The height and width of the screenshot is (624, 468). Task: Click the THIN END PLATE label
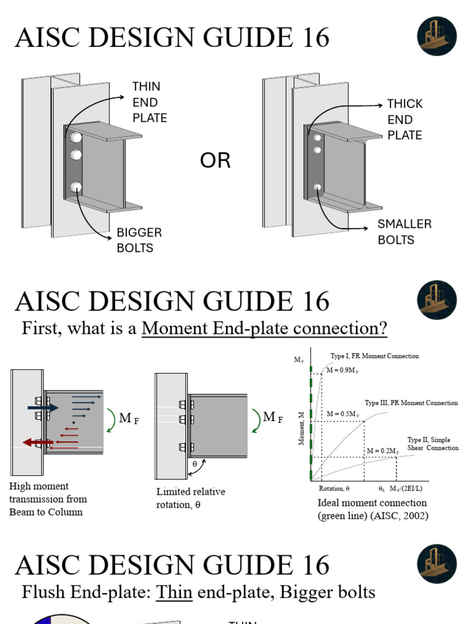[x=149, y=102]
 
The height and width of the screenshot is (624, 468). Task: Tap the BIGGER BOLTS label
[x=139, y=240]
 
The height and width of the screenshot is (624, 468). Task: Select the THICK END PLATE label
[x=405, y=119]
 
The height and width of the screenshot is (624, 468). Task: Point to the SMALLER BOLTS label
[x=404, y=232]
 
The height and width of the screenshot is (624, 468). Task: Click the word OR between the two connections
[x=215, y=161]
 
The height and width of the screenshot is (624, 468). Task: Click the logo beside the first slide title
[x=437, y=37]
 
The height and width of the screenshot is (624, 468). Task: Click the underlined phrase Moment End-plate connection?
[x=264, y=328]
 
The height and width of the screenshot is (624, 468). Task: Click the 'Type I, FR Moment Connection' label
[x=374, y=356]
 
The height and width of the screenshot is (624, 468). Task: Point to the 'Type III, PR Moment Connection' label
[x=411, y=403]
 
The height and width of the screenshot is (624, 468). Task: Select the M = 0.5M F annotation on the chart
[x=342, y=414]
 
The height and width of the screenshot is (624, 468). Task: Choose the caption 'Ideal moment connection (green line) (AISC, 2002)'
[x=372, y=509]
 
